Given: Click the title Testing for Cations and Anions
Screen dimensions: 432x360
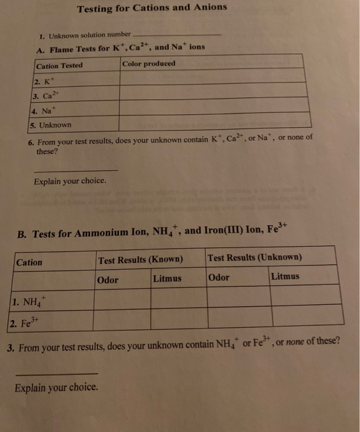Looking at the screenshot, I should [152, 8].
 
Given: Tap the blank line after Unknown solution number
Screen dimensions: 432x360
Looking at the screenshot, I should [176, 35].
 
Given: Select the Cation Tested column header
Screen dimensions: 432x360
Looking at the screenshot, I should [60, 65].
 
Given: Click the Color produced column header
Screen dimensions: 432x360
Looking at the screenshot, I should [149, 64].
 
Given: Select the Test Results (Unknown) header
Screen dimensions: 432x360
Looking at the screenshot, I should [255, 257].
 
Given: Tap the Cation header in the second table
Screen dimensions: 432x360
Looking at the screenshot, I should [30, 262].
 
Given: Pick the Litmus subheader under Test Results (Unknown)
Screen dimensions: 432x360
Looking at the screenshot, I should [284, 276].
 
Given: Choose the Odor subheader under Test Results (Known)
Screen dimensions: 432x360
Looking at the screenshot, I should [108, 280].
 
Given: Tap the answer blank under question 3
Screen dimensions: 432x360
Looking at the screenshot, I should [56, 372].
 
